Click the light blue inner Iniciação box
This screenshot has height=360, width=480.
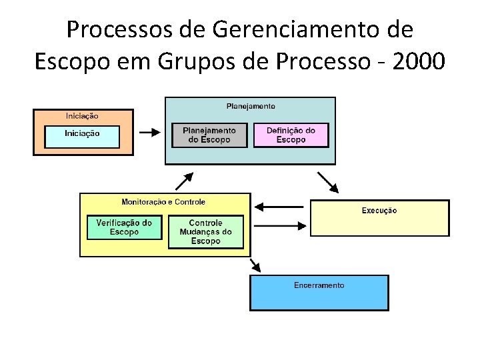(82, 136)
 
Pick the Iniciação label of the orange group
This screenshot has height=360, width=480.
(82, 116)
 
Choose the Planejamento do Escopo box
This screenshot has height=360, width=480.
(209, 135)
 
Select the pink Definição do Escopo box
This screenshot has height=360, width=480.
(291, 135)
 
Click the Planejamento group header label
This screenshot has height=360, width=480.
(251, 106)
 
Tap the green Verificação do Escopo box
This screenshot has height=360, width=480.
(124, 227)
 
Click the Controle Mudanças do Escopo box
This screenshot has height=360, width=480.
(205, 232)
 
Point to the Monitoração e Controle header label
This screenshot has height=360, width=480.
(163, 201)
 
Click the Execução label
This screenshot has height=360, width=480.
(379, 211)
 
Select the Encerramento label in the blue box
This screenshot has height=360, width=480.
(319, 285)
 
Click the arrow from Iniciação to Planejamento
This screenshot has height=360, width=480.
(149, 132)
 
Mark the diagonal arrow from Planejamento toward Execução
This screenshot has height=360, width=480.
(327, 181)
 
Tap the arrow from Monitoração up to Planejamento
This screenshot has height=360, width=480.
(185, 180)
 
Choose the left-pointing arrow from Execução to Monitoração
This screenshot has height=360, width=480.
(279, 205)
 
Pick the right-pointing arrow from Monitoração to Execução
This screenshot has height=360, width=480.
(279, 225)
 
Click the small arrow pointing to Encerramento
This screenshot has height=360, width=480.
(255, 265)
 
